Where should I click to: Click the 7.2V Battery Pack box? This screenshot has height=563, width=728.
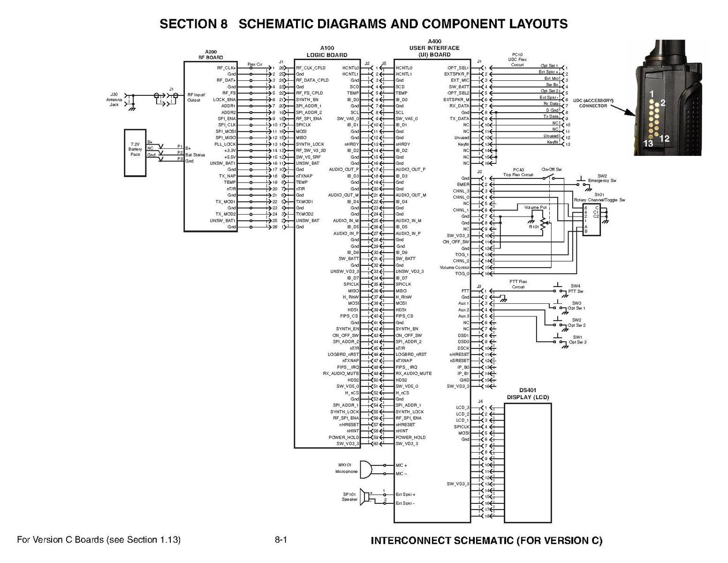click(x=135, y=152)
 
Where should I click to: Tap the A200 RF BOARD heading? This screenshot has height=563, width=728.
click(x=211, y=54)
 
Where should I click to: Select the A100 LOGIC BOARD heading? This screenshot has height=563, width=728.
click(x=327, y=51)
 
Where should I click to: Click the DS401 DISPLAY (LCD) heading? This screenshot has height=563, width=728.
click(x=528, y=393)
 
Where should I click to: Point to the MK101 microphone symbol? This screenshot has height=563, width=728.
click(x=366, y=469)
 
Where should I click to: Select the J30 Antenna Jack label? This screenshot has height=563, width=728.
click(x=114, y=100)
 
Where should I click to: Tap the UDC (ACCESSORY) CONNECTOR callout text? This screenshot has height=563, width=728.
click(x=593, y=103)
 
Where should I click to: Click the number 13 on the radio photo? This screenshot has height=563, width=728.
click(x=648, y=144)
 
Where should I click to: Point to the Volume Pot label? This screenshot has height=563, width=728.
click(x=535, y=207)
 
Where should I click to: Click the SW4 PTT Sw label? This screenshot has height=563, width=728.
click(x=576, y=288)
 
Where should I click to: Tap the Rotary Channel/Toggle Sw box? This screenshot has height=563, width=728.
click(x=591, y=219)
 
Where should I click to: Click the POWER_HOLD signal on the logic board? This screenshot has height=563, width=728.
click(x=344, y=437)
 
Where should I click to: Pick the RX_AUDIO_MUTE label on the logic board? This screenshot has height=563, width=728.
click(x=341, y=373)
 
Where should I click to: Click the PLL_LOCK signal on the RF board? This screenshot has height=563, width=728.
click(x=225, y=144)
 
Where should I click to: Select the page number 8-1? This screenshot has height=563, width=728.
click(x=281, y=540)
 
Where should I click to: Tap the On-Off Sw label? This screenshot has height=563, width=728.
click(x=551, y=169)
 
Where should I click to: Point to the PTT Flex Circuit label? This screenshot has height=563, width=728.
click(x=518, y=284)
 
